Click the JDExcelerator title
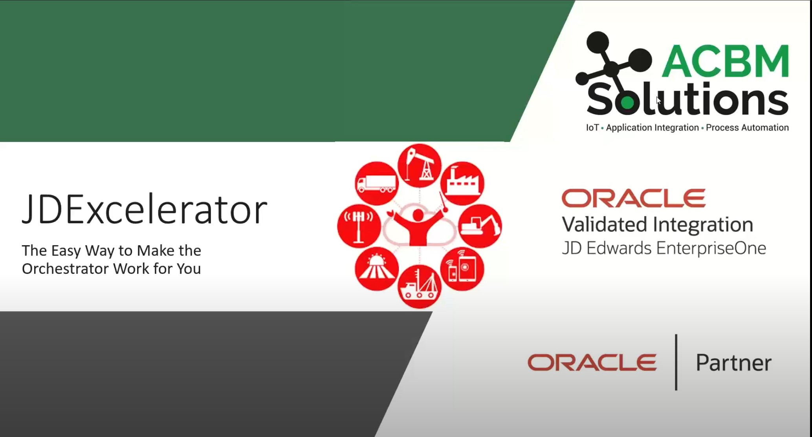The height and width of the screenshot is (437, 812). (145, 210)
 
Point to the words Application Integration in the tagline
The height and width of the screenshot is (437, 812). (652, 127)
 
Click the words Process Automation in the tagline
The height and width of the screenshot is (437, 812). (747, 127)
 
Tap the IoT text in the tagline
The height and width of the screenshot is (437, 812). (592, 127)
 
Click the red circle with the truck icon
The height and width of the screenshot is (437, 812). (377, 183)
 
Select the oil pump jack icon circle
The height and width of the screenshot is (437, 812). (420, 165)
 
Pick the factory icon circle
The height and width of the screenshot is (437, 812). (462, 183)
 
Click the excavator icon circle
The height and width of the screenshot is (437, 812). (480, 226)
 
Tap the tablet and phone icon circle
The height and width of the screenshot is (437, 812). (462, 269)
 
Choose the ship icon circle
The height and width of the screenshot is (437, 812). (420, 286)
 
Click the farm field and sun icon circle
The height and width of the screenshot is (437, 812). (377, 269)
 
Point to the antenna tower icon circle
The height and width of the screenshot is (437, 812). (359, 226)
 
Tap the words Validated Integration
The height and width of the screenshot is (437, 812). (657, 224)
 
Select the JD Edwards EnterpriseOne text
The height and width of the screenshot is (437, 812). (664, 248)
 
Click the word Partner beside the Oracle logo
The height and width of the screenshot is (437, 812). (733, 362)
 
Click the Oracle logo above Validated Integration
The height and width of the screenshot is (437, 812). (633, 198)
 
